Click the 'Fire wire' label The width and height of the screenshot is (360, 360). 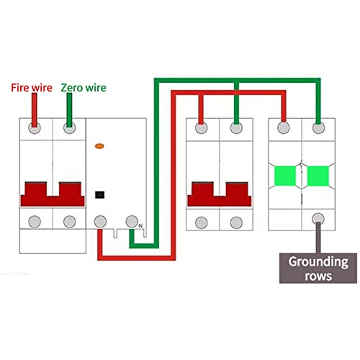pos(32,88)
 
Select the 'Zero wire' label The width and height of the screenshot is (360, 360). pos(84,88)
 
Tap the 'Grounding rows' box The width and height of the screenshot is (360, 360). pos(318,268)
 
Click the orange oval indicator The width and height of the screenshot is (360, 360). pos(99,146)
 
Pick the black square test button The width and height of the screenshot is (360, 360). pos(99,194)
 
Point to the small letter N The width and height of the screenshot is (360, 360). pos(140,226)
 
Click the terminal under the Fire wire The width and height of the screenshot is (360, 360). pos(35,128)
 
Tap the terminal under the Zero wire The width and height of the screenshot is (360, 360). pos(70,128)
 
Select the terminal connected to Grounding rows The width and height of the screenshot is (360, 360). pos(318,219)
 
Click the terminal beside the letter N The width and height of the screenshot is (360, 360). pos(132,221)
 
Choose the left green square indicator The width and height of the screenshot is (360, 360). pos(285,176)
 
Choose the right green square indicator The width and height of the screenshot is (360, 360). pos(318,176)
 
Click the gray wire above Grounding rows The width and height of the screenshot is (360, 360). pos(318,238)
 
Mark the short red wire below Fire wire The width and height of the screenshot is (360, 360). pos(35,110)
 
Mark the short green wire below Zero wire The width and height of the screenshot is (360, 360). pos(69,110)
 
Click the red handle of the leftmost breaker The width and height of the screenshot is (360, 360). pos(53,194)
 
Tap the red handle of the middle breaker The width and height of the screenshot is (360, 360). pos(220,194)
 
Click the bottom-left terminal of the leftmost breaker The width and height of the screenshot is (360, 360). pos(35,222)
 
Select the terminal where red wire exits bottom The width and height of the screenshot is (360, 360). pos(100,222)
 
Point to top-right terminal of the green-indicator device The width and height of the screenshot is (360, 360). pos(318,128)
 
